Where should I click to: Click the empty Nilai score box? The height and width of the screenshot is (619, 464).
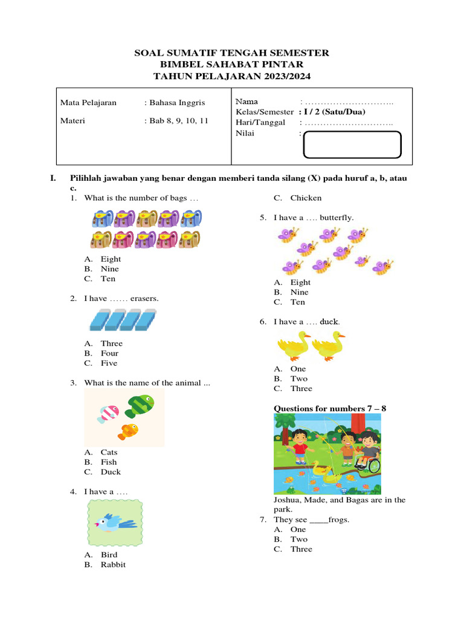coord(352,144)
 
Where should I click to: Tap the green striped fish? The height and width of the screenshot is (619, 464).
coord(140,404)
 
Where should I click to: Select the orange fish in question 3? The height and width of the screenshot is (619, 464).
coord(128,431)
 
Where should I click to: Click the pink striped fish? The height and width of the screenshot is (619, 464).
coord(109,413)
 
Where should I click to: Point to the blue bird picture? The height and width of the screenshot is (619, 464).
coord(115,522)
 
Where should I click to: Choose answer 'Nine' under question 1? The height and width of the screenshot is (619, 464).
coord(109,269)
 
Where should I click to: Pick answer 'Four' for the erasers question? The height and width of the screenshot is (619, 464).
coord(109,354)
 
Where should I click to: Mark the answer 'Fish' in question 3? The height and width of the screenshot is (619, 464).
coord(109,462)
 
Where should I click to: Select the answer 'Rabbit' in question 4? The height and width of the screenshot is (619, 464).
coord(113,565)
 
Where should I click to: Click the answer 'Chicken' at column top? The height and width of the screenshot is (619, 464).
coord(306,198)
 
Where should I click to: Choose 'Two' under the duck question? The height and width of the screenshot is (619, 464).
coord(298,379)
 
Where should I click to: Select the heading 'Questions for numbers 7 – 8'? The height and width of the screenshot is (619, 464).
coord(330,409)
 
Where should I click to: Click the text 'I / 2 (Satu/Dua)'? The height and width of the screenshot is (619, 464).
coord(332,112)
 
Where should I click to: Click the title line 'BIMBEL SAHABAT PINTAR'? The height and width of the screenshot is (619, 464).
coord(231,64)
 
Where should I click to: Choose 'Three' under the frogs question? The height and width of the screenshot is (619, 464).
coord(301,549)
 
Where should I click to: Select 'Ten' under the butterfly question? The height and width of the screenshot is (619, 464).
coord(297,302)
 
